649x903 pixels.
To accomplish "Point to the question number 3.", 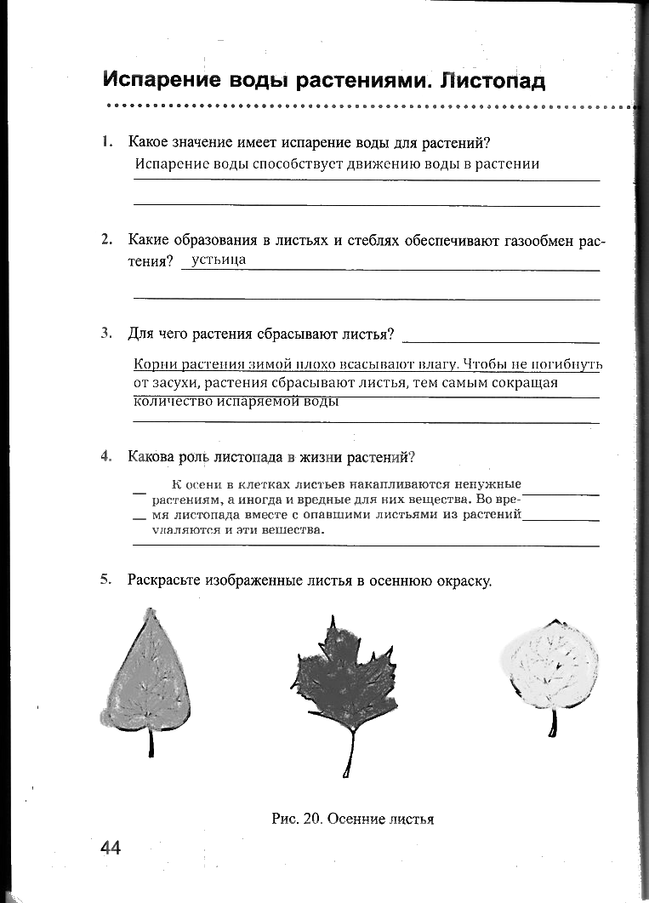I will pos(106,334).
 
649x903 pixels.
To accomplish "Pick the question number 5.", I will pos(106,580).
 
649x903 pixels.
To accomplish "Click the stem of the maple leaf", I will pos(350,754).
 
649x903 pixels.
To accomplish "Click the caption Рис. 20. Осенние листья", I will pos(352,819).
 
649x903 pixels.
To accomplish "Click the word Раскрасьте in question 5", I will pos(167,580).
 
